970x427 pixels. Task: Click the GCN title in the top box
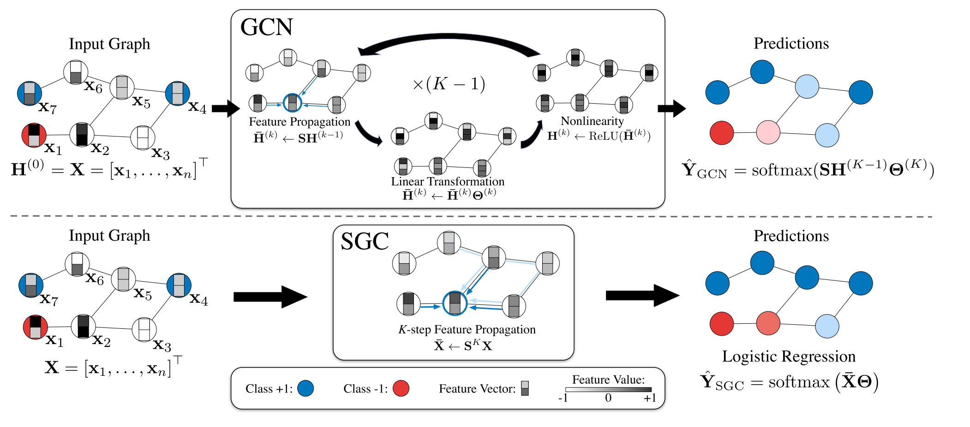click(267, 27)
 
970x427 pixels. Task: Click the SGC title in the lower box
click(365, 241)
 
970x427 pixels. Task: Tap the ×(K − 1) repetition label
click(449, 84)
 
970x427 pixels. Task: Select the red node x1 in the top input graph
click(34, 136)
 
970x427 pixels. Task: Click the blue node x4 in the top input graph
click(178, 94)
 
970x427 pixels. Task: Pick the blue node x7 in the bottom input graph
click(31, 285)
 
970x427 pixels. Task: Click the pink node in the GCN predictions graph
click(768, 132)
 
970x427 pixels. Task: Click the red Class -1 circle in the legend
click(401, 388)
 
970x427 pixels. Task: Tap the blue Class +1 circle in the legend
click(305, 388)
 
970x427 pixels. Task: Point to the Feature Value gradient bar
click(608, 390)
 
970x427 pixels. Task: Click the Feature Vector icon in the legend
click(525, 388)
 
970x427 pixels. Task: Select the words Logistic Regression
click(789, 356)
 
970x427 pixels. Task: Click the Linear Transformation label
click(448, 182)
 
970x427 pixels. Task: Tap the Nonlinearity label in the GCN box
click(592, 121)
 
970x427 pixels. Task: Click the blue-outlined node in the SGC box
click(455, 303)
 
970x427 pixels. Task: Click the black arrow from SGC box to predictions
click(642, 296)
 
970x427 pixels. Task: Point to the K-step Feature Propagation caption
click(467, 330)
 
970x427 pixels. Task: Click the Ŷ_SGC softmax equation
click(789, 382)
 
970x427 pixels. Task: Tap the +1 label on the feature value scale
click(650, 398)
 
